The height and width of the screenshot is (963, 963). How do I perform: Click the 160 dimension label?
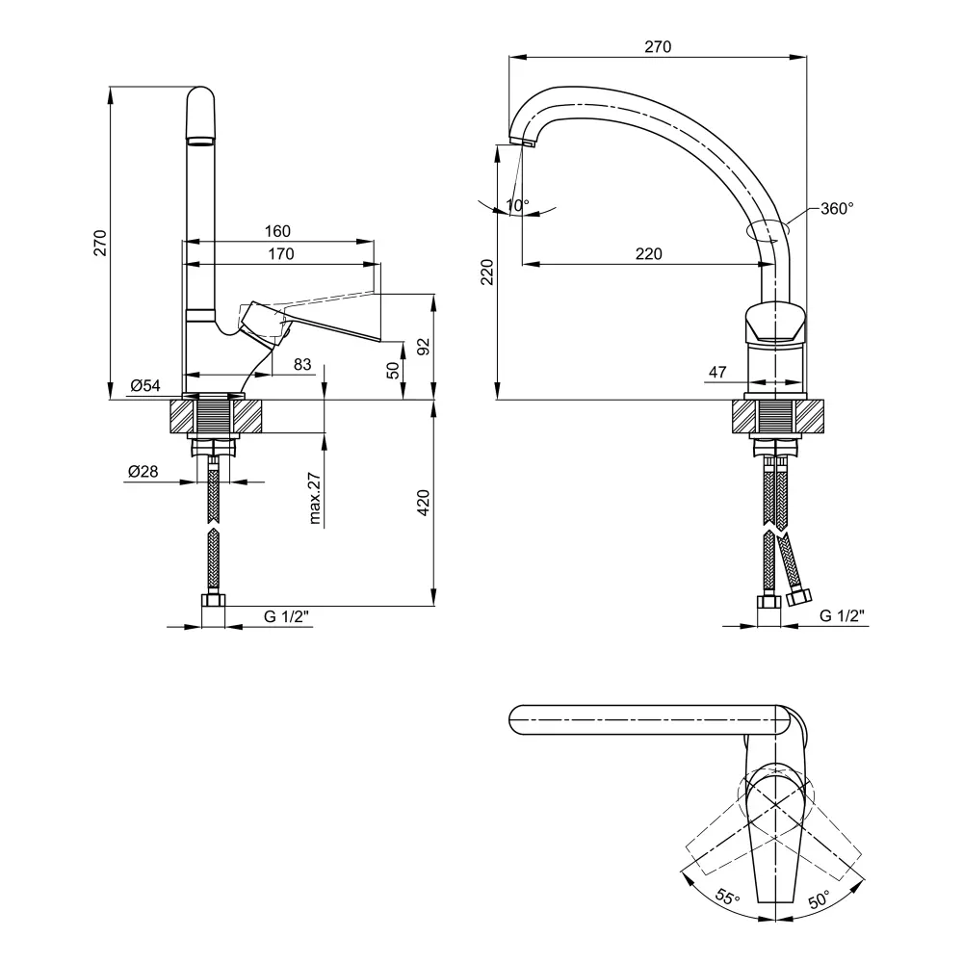(277, 231)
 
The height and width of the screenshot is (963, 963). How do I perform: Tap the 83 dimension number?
(301, 364)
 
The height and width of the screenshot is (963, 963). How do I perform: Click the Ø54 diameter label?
(145, 386)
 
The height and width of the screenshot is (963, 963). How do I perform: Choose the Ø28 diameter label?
(143, 471)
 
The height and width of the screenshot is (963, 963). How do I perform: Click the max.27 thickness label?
(315, 499)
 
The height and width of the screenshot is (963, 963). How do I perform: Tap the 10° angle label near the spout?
(518, 206)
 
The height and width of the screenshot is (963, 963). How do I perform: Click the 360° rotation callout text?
(837, 208)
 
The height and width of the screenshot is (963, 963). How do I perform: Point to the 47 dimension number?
(717, 371)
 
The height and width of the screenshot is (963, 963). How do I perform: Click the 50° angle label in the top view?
(819, 900)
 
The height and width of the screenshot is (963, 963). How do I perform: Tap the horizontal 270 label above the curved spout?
(658, 46)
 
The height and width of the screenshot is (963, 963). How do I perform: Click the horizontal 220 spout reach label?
(648, 253)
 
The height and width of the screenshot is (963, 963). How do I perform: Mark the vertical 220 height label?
(486, 273)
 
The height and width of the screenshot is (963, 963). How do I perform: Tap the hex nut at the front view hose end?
(213, 602)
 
